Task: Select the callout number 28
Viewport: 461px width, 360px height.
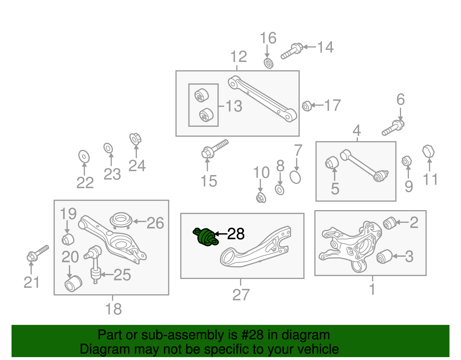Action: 236,234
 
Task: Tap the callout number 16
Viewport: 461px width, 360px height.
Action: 268,38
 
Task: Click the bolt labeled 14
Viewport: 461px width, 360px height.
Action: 292,51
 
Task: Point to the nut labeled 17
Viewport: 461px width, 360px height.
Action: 307,106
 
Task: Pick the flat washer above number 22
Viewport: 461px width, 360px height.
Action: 84,157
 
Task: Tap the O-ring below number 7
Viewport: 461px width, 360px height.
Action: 295,177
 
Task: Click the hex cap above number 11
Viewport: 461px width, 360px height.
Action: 428,151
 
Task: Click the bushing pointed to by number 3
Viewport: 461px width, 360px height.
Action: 384,257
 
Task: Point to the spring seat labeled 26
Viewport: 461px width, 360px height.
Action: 121,221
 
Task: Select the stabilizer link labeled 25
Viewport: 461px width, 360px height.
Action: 94,264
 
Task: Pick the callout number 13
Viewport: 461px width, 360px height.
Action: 234,106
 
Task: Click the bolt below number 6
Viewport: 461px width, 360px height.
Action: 393,128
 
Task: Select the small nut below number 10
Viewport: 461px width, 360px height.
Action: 261,198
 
